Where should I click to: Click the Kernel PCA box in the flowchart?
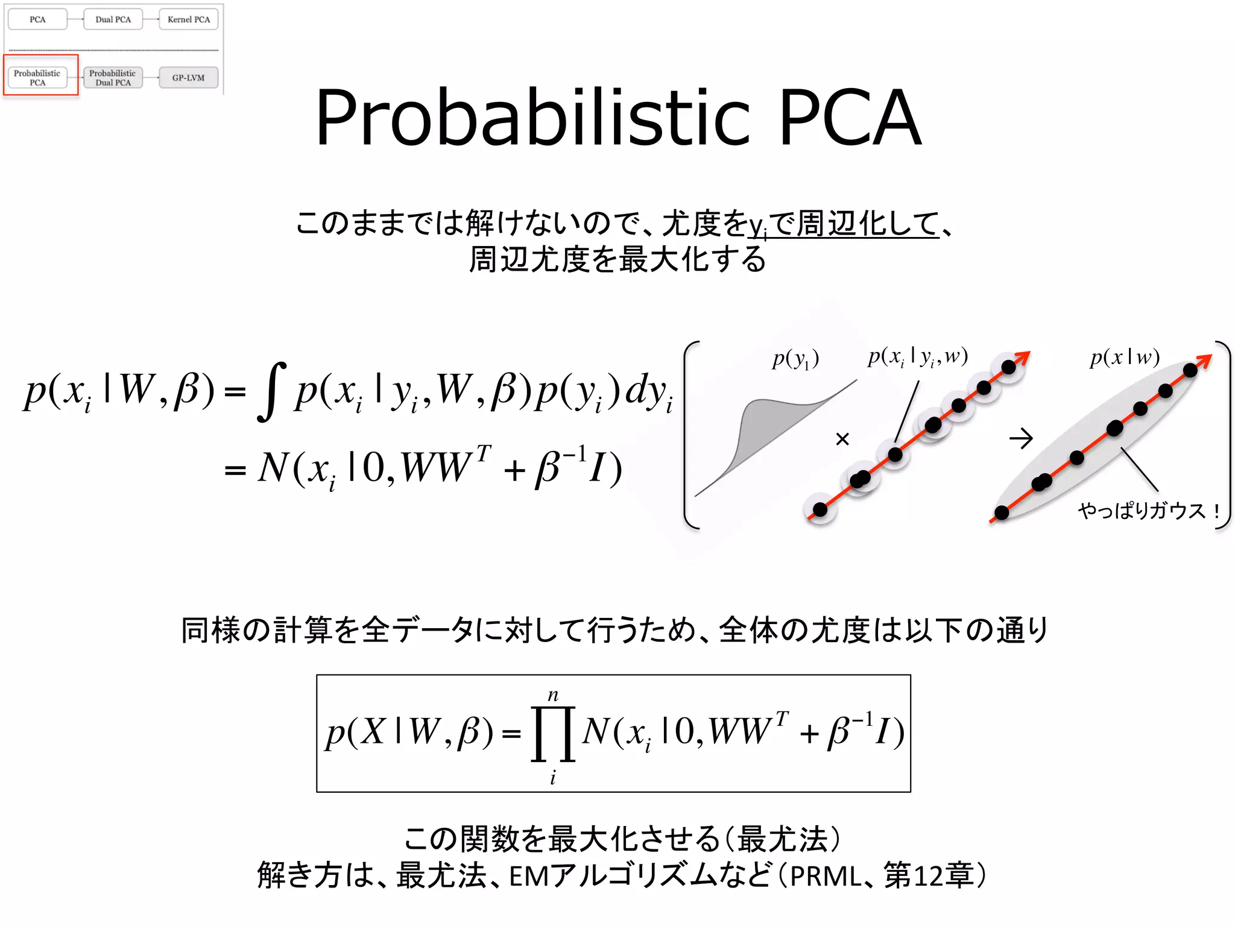tap(189, 19)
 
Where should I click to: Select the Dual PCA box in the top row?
tap(113, 19)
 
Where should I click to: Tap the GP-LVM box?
tap(188, 78)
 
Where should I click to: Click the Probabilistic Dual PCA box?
tap(113, 78)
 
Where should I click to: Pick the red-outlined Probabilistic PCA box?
tap(37, 78)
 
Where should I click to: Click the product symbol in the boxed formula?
tap(553, 734)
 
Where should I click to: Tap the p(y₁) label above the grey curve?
tap(795, 359)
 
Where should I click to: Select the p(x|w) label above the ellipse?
tap(1125, 357)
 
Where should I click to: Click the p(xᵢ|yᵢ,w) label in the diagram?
tap(917, 357)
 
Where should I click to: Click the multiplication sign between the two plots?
tap(842, 439)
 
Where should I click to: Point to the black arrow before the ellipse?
tap(1021, 438)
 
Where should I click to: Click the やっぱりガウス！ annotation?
tap(1149, 511)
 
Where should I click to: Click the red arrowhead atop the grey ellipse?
tap(1204, 361)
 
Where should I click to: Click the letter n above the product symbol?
tap(553, 695)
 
